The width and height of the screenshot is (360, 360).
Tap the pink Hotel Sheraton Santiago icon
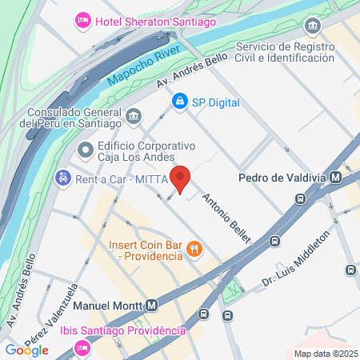point(82,19)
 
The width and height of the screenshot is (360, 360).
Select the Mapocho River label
point(142,68)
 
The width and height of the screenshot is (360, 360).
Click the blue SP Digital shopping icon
point(179,102)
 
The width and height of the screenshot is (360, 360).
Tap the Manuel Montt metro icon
point(151,305)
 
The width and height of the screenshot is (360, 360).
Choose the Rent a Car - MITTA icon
point(62,178)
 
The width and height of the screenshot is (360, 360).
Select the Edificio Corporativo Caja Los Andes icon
point(85,150)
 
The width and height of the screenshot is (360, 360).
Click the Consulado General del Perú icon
point(133,118)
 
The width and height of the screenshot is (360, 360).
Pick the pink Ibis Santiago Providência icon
point(81,347)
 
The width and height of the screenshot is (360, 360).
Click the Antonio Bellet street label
point(226,217)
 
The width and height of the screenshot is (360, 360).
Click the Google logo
point(27,350)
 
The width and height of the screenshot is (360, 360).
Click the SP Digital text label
point(216,102)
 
